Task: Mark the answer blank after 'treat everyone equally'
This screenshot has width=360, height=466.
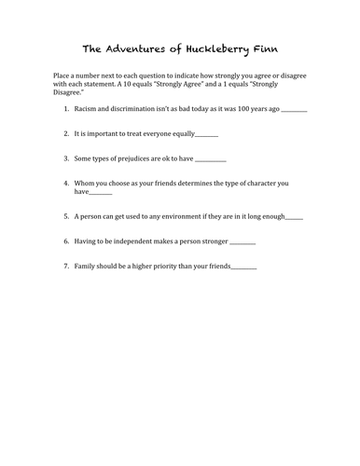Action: click(x=206, y=135)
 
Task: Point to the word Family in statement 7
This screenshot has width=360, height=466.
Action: click(x=87, y=267)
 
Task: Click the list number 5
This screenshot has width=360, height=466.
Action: click(x=66, y=216)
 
